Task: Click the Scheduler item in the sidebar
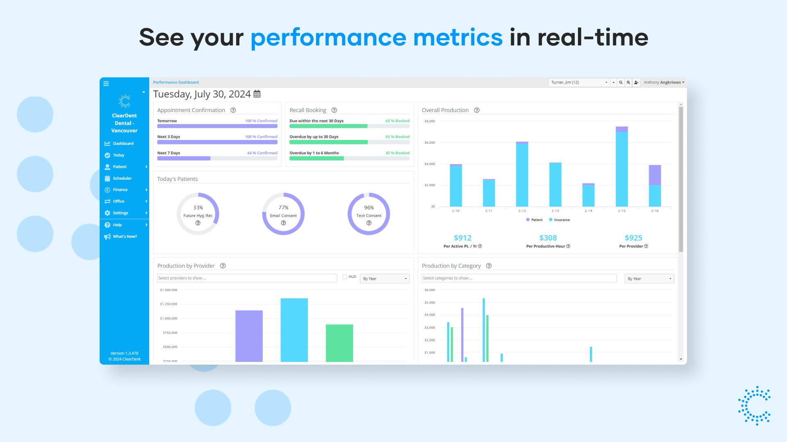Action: [x=122, y=178]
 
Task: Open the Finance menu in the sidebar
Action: [x=121, y=190]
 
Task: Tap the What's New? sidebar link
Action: [x=125, y=237]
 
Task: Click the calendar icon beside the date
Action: [x=257, y=94]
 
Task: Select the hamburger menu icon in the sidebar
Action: [x=106, y=83]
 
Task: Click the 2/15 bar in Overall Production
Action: [x=621, y=168]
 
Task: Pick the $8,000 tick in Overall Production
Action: [x=430, y=121]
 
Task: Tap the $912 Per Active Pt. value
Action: [x=462, y=238]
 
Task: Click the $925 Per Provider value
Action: [x=633, y=238]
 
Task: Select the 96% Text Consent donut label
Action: [x=369, y=208]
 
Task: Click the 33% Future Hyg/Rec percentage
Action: [x=198, y=208]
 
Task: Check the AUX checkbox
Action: [x=345, y=277]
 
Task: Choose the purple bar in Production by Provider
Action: [x=249, y=336]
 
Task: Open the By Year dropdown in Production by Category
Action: [x=649, y=279]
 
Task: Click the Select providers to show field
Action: [x=247, y=278]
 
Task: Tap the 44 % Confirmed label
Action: [x=262, y=153]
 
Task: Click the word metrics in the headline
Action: [x=458, y=38]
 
